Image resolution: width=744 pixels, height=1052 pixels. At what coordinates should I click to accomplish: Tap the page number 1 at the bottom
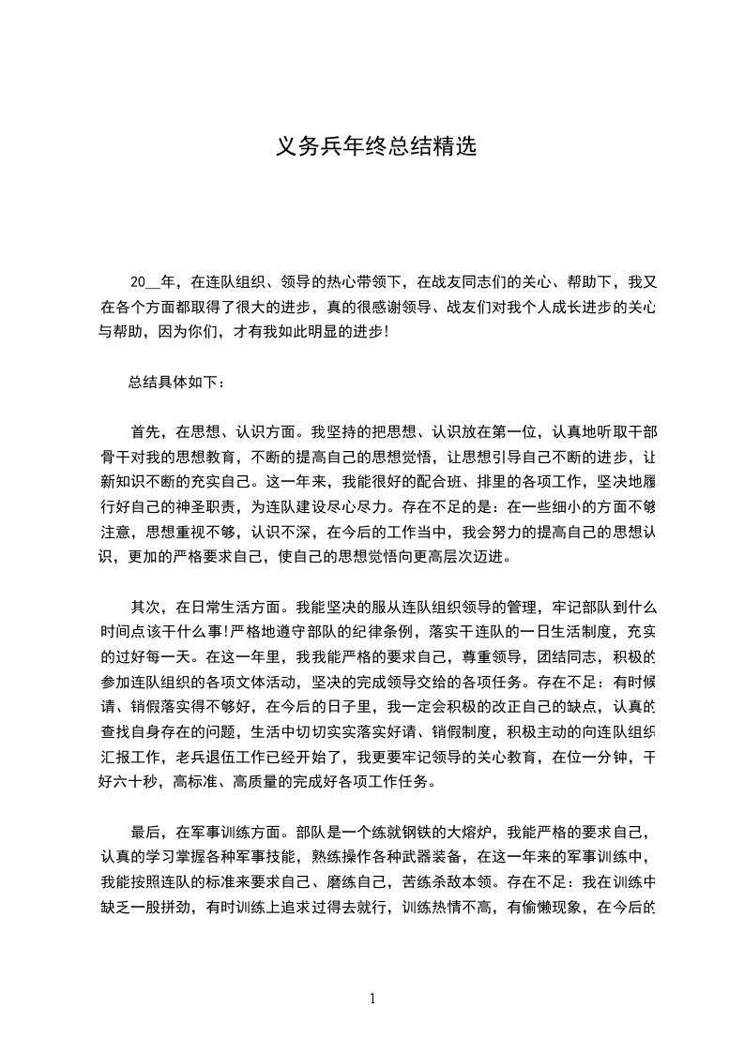[372, 999]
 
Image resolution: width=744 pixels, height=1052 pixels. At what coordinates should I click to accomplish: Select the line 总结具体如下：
[176, 382]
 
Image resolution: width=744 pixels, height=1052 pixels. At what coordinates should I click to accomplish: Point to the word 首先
[145, 432]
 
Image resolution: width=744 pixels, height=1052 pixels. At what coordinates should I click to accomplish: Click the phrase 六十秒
[138, 781]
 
